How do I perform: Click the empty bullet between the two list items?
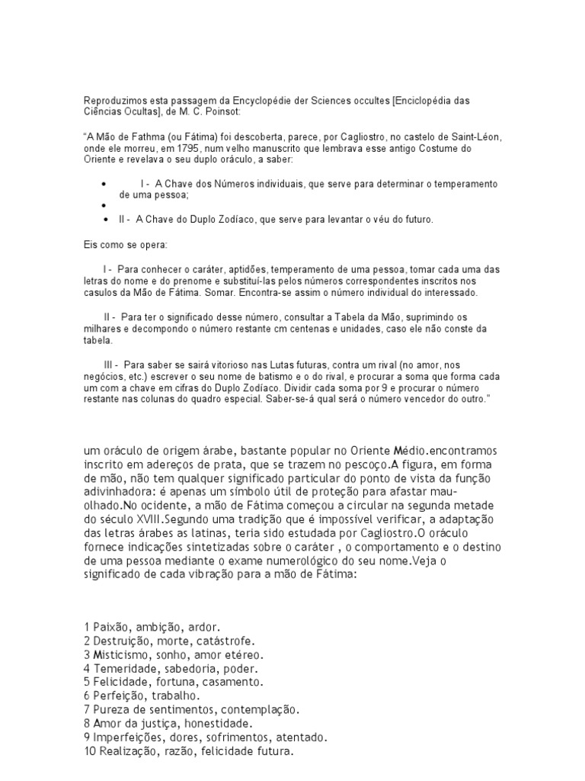coord(104,206)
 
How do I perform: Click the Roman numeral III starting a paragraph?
coord(110,365)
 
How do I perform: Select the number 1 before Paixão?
coord(88,626)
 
